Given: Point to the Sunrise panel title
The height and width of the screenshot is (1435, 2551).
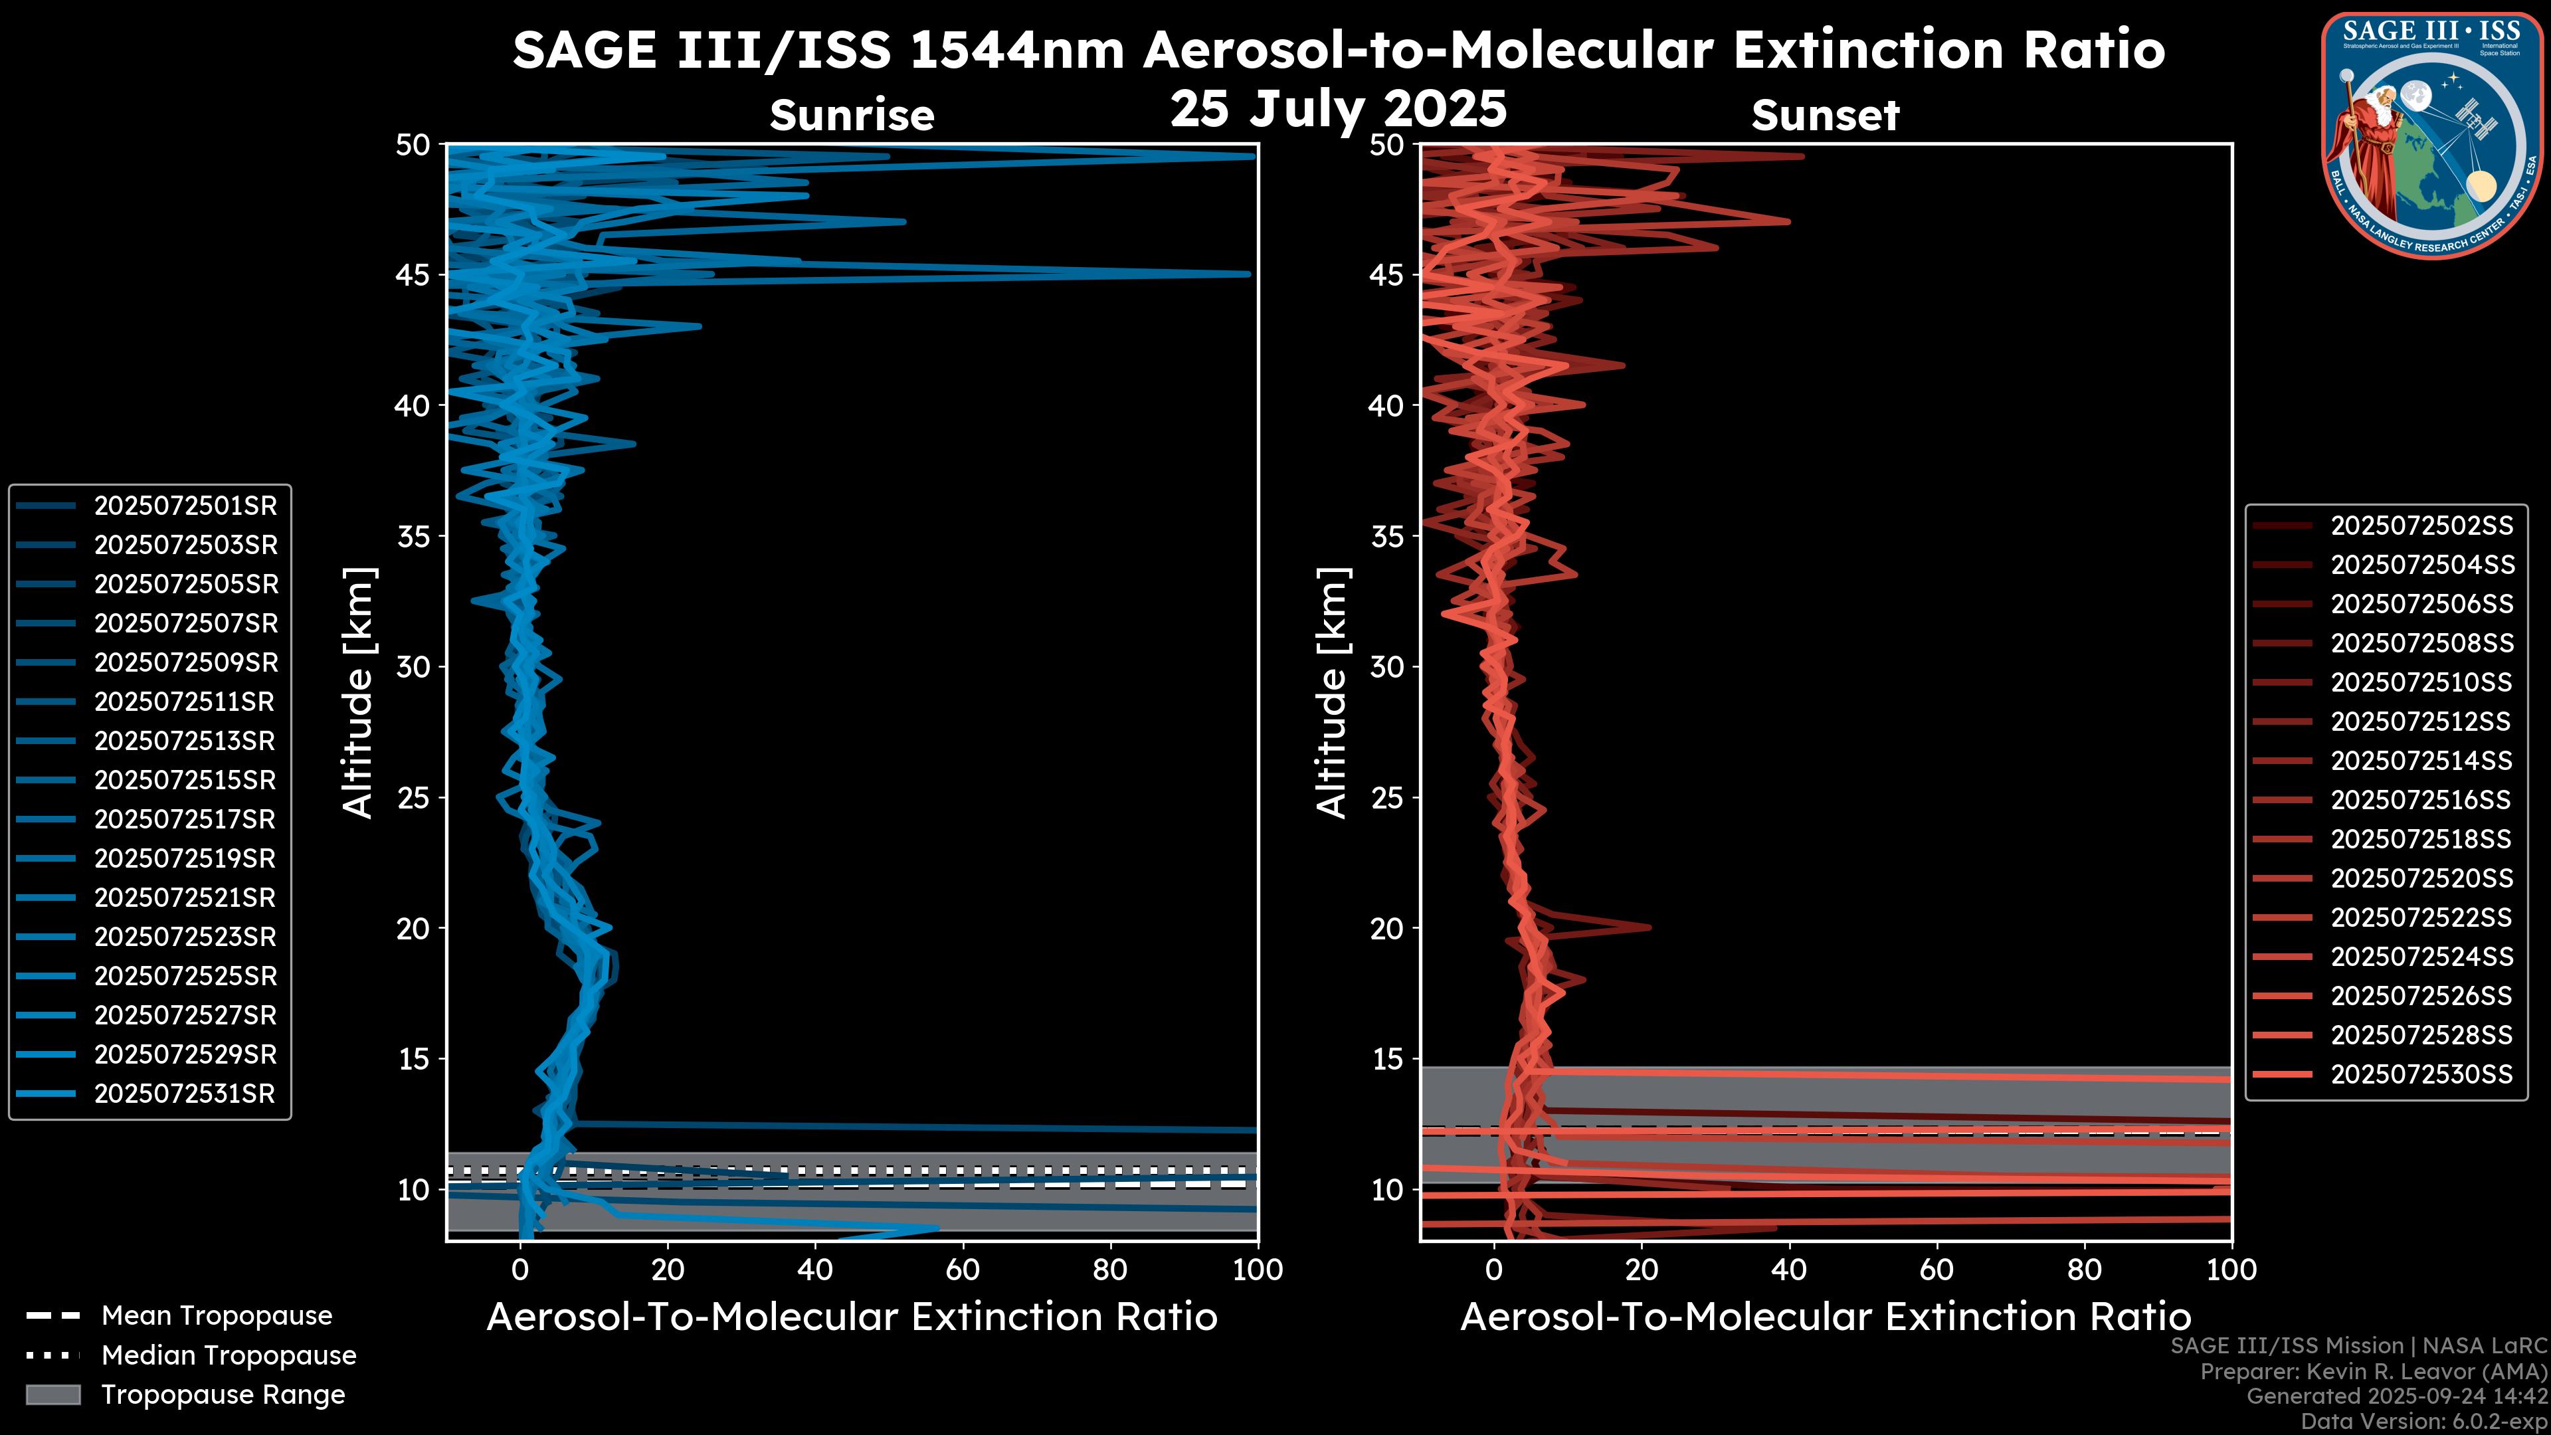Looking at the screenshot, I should pyautogui.click(x=852, y=116).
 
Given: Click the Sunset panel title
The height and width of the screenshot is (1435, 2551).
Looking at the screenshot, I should pyautogui.click(x=1825, y=116).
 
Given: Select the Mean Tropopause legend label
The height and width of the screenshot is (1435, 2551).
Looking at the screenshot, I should pyautogui.click(x=217, y=1316).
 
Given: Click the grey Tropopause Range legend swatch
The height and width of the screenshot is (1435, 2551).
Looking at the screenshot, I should pyautogui.click(x=53, y=1395).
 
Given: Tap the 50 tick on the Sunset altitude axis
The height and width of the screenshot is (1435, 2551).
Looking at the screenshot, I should pyautogui.click(x=1386, y=145).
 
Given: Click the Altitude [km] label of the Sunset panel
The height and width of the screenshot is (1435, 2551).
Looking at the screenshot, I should pyautogui.click(x=1333, y=693).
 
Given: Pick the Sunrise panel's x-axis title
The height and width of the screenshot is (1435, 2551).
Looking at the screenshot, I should pyautogui.click(x=852, y=1318).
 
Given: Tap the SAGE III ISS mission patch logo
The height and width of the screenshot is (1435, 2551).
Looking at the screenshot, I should pyautogui.click(x=2431, y=134).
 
